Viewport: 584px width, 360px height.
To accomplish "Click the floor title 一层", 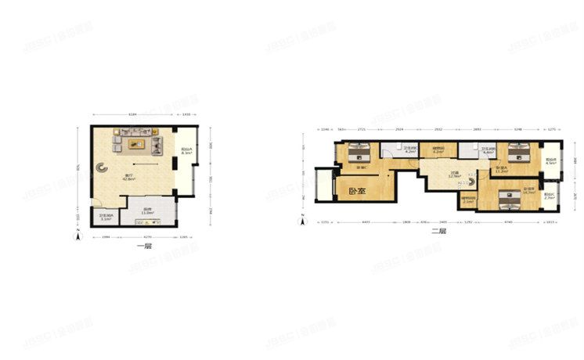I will [144, 246].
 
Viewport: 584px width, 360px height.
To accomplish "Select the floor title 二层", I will [439, 231].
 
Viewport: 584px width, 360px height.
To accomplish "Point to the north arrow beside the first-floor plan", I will [77, 236].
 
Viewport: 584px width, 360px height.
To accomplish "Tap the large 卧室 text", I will [357, 189].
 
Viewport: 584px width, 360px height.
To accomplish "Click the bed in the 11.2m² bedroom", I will [514, 150].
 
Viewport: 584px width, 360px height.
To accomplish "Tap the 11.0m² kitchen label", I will [146, 211].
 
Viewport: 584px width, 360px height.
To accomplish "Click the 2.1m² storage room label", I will [468, 200].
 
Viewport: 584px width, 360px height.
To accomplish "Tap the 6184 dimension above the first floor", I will [132, 115].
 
